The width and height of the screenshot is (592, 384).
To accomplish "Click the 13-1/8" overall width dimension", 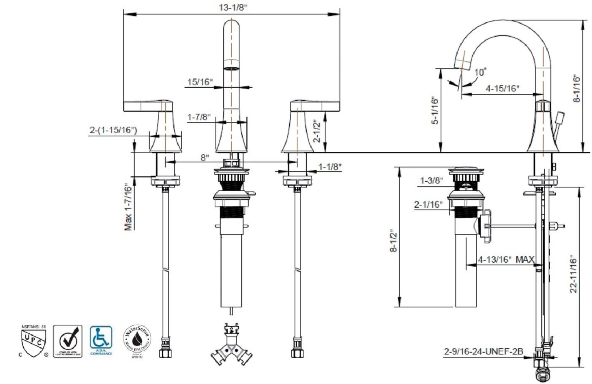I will [232, 8].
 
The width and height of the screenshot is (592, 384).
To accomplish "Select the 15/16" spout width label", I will [200, 82].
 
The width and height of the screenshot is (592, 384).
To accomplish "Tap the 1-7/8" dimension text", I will [199, 117].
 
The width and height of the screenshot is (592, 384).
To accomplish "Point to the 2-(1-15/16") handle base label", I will [113, 130].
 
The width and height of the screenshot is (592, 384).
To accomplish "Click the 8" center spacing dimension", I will [205, 157].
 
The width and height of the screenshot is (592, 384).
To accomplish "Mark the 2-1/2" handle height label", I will [317, 131].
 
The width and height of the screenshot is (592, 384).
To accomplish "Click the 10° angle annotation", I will [480, 72].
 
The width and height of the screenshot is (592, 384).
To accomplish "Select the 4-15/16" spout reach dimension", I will [502, 88].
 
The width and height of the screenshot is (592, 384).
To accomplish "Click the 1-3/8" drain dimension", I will [432, 180].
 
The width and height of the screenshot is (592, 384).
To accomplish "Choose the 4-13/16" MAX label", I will [506, 260].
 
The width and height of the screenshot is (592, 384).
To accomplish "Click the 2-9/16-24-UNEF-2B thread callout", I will [483, 351].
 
